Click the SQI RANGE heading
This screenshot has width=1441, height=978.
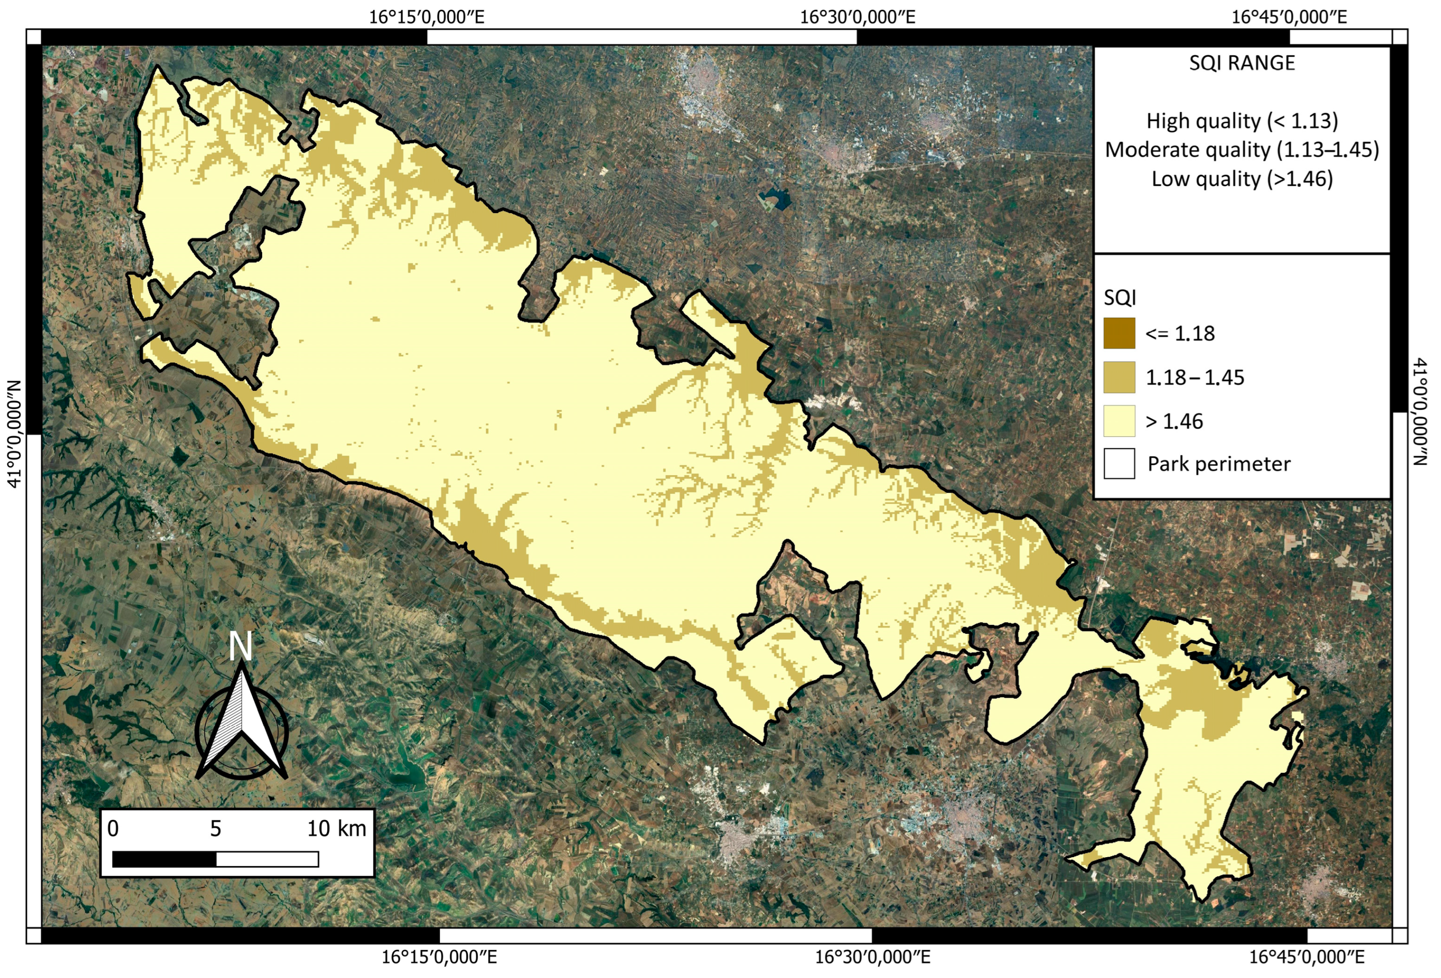1241,63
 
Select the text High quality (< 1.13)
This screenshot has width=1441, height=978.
1241,121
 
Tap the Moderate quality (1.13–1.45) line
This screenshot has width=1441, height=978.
1241,150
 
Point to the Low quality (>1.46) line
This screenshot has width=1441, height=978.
1241,179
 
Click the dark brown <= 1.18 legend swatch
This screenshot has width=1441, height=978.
1119,334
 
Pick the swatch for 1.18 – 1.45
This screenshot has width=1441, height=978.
1119,377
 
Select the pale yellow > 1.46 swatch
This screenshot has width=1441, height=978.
1119,421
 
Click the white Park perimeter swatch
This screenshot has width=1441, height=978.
1119,464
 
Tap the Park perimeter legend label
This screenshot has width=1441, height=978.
1218,464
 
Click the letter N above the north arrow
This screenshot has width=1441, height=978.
240,647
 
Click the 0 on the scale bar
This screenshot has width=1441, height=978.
113,829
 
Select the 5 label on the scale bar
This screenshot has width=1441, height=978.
215,829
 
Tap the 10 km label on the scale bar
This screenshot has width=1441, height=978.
337,829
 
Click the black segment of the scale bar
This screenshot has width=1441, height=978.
164,859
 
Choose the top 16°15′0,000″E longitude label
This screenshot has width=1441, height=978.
427,17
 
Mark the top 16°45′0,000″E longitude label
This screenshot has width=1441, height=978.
1288,17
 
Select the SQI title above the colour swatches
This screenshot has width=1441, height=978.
1120,299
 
